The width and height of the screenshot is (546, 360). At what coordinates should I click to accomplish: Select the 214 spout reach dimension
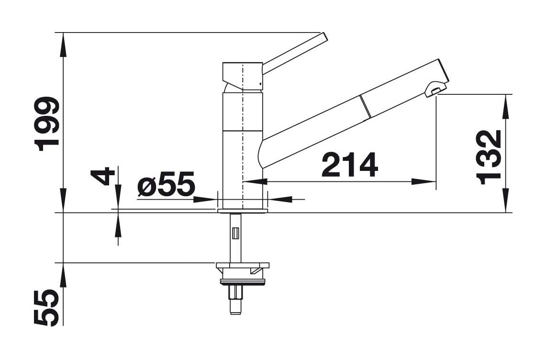click(x=350, y=165)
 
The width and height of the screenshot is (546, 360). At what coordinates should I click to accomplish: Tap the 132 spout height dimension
click(x=489, y=157)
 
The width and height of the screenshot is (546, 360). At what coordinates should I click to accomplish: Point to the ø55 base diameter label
click(x=166, y=184)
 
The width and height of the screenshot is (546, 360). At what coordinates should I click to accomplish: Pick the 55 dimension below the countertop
click(x=47, y=308)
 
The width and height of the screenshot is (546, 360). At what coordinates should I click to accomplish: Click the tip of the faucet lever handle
click(x=324, y=38)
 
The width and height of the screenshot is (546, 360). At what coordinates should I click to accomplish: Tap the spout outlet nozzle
click(x=435, y=89)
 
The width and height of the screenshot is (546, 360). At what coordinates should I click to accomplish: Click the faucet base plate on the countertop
click(x=242, y=211)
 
